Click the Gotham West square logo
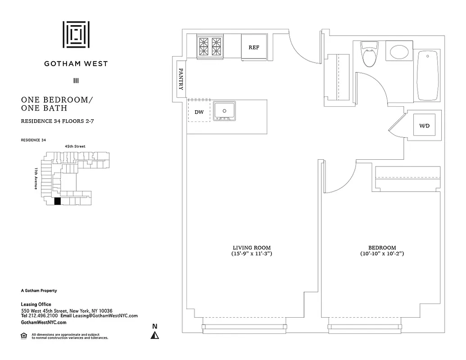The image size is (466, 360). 76,35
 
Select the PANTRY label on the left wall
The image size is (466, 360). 181,80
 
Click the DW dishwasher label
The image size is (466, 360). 199,112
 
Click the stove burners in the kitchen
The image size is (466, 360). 210,46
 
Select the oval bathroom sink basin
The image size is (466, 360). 399,52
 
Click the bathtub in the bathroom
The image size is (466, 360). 427,76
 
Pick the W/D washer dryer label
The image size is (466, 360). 425,126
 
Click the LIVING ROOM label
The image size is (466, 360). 251,247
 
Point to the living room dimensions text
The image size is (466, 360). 251,254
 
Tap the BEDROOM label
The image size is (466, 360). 382,247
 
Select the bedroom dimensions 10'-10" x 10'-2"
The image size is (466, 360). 382,254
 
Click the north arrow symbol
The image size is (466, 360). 155,335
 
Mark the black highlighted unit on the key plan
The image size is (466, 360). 57,202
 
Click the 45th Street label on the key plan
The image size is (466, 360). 75,146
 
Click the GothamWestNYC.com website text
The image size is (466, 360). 44,323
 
